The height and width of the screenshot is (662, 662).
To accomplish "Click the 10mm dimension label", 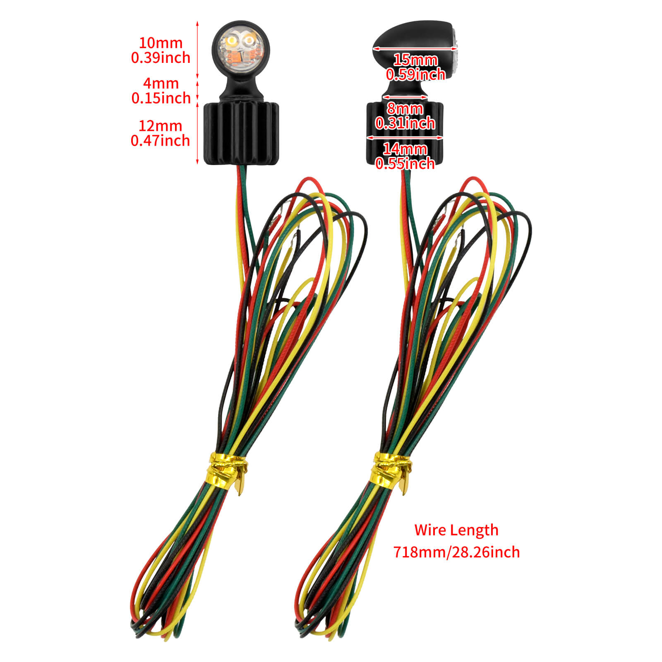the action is point(161,43).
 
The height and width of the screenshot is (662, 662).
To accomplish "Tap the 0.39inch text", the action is point(161,58).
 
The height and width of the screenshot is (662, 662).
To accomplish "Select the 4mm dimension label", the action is point(161,84).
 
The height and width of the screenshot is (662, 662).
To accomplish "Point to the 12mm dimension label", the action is point(161,126).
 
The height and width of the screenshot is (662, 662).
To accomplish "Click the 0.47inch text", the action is point(161,141).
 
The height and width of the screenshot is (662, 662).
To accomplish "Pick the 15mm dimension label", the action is point(415,60).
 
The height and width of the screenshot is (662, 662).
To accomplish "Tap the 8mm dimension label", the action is point(405,109).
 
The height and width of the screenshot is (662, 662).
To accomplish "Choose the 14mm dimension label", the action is point(405,149).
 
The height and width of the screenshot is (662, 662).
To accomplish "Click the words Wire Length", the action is point(456,530).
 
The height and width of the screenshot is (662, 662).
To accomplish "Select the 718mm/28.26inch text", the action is point(456,552).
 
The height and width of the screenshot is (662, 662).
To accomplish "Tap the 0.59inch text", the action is point(415,74).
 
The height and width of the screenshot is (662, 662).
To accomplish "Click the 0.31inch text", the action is point(405,123).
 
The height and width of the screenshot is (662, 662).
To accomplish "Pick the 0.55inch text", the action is point(405,163).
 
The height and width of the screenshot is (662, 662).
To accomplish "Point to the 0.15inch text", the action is point(161,98).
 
